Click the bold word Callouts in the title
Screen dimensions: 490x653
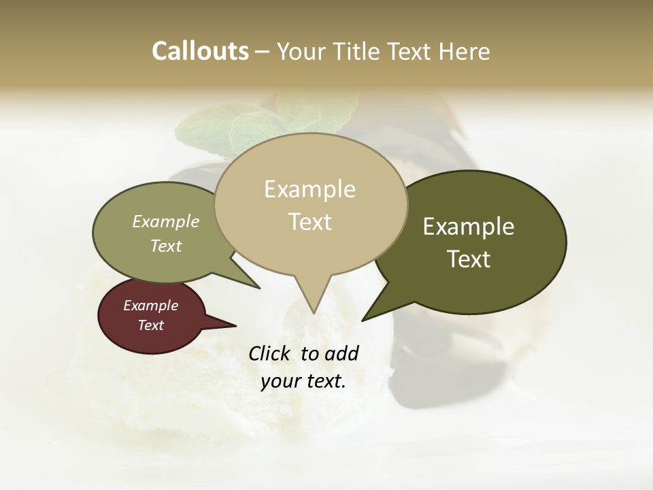click(x=200, y=51)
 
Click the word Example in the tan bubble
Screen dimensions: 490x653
click(x=309, y=189)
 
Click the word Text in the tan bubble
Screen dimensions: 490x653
click(x=309, y=222)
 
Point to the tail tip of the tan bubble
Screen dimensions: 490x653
click(x=314, y=313)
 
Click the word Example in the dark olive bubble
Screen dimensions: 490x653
click(x=469, y=227)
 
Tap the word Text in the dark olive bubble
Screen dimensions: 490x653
click(x=469, y=259)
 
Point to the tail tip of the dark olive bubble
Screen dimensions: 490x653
click(x=363, y=320)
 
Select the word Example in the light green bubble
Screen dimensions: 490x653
click(x=166, y=222)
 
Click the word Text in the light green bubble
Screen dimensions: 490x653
click(x=166, y=246)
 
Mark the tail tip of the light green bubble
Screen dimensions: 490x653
click(x=259, y=288)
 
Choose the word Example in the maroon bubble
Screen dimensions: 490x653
click(x=150, y=306)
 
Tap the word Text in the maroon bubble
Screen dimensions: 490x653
click(x=150, y=325)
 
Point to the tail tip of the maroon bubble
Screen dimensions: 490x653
click(x=235, y=325)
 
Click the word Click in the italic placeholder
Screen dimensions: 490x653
click(x=271, y=353)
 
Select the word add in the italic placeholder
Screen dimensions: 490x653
click(x=341, y=353)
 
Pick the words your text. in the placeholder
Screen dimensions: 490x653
click(x=303, y=382)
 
